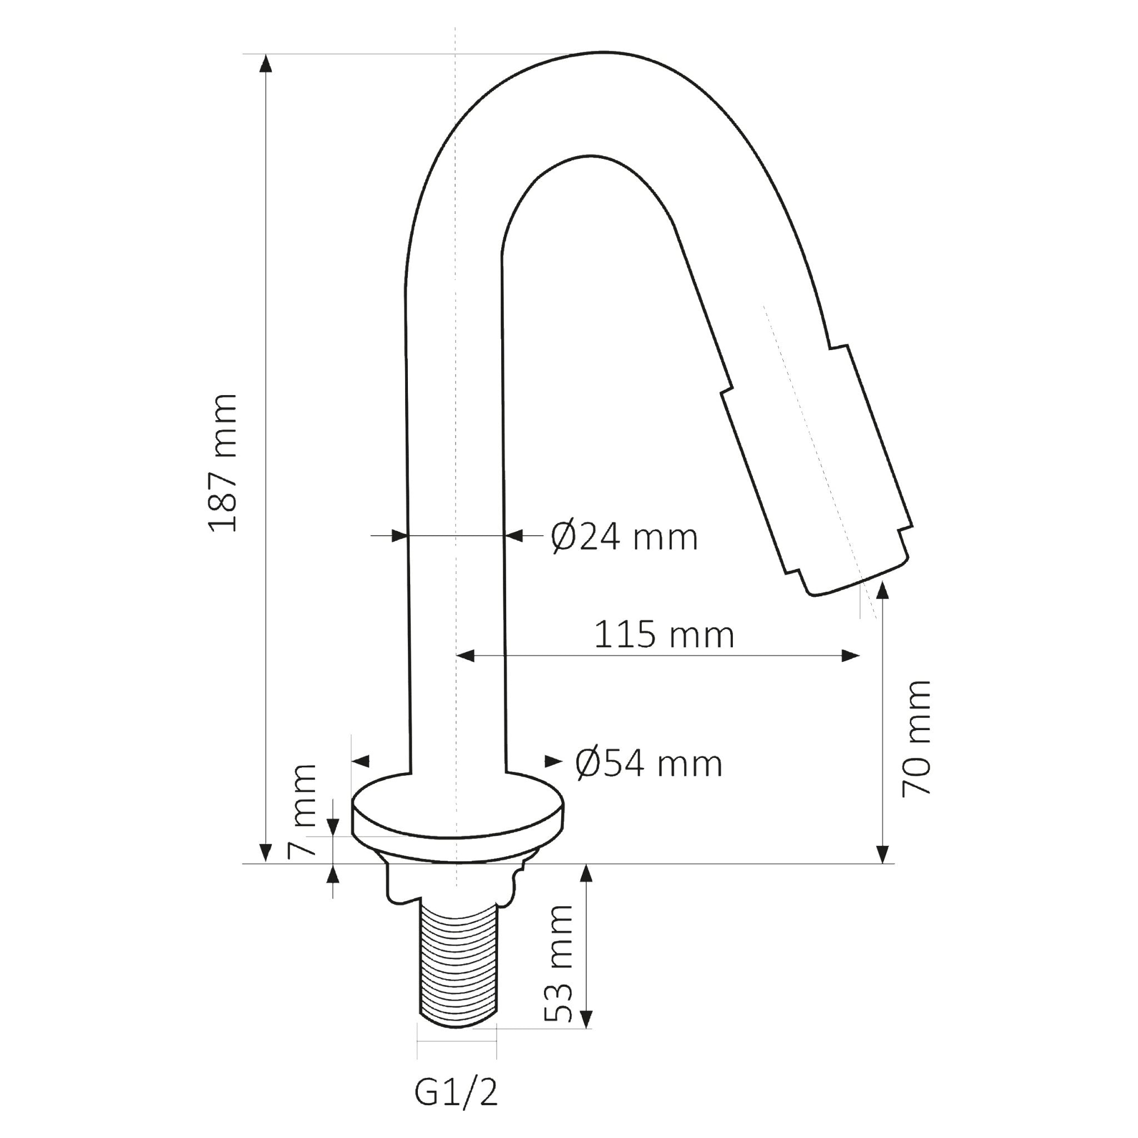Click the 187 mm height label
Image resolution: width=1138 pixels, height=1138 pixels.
pyautogui.click(x=223, y=463)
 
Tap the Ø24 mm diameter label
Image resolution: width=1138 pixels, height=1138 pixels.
pyautogui.click(x=625, y=537)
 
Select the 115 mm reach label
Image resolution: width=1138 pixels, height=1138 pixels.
pyautogui.click(x=664, y=635)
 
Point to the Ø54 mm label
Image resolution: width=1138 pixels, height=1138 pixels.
pyautogui.click(x=648, y=764)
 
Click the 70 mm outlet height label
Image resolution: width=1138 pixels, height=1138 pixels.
pyautogui.click(x=916, y=738)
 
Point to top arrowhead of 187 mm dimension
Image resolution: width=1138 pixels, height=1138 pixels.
pyautogui.click(x=266, y=62)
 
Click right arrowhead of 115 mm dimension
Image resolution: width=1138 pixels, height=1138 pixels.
pyautogui.click(x=851, y=656)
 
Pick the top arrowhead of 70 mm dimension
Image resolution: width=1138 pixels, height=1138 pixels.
pyautogui.click(x=882, y=590)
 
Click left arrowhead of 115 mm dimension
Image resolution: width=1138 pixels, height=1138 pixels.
pyautogui.click(x=466, y=656)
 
